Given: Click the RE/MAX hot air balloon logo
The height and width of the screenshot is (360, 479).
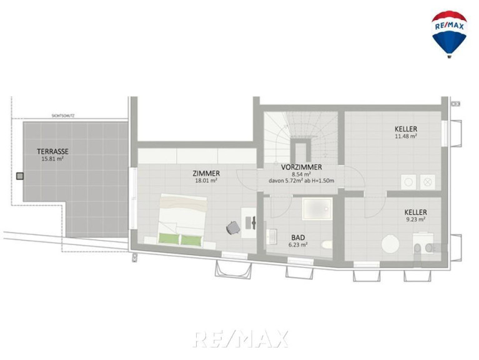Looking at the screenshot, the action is (449, 34).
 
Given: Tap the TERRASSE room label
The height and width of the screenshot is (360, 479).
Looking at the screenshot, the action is (52, 151).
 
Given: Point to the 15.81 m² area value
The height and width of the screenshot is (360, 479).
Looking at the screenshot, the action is (52, 159).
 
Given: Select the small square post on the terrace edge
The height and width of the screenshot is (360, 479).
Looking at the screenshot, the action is (20, 176).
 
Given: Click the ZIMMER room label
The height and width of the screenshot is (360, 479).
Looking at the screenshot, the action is (206, 173).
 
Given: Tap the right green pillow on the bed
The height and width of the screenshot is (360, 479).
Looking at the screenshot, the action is (191, 240).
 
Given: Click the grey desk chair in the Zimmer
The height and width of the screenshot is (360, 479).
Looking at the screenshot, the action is (233, 227).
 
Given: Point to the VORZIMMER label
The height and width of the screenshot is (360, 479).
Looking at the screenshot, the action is (301, 167).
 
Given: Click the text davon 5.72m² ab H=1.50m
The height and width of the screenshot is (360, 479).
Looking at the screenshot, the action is (301, 181).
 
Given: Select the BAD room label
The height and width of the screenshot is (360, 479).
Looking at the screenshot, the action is (298, 237).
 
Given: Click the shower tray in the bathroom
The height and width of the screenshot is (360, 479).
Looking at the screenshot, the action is (317, 209).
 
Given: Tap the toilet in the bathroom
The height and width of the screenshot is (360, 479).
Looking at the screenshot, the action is (327, 244).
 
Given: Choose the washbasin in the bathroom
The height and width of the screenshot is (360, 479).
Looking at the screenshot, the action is (271, 237).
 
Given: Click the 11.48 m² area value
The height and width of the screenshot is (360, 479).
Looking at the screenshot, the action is (406, 136).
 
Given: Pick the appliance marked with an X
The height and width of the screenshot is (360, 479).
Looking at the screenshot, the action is (428, 182).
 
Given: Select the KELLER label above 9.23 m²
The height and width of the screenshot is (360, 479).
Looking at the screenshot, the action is (415, 212).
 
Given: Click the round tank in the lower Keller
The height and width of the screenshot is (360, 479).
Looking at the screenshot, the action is (390, 244).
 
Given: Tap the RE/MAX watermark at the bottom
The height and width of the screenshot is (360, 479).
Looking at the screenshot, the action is (240, 339).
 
